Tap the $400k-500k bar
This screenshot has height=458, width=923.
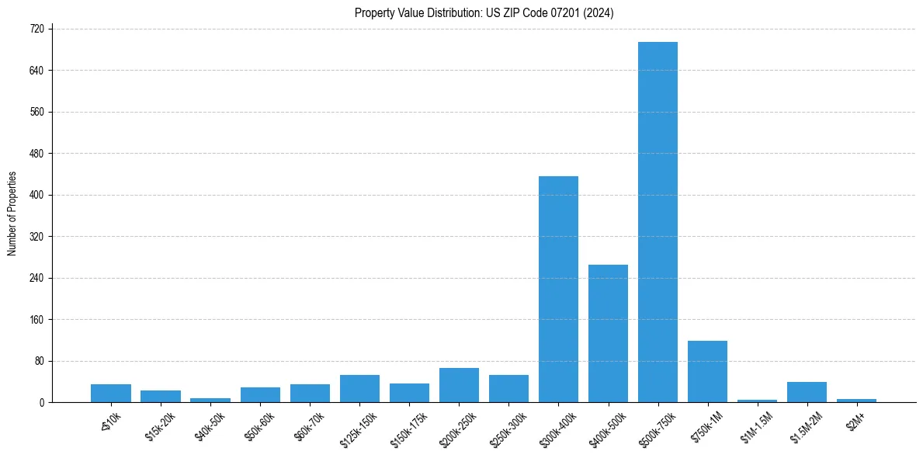(608, 333)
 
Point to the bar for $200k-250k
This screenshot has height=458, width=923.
(459, 385)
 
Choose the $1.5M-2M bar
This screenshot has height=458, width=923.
(807, 392)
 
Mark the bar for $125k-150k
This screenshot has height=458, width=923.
(359, 388)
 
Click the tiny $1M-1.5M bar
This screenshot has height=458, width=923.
(757, 401)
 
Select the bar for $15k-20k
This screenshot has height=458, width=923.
(161, 396)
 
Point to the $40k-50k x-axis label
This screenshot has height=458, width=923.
(210, 424)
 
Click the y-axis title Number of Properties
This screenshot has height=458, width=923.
(12, 213)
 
